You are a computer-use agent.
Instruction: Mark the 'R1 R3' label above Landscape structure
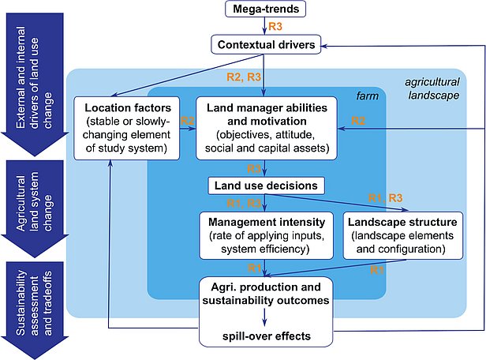point(387,197)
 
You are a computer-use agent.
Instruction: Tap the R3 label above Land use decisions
point(254,168)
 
